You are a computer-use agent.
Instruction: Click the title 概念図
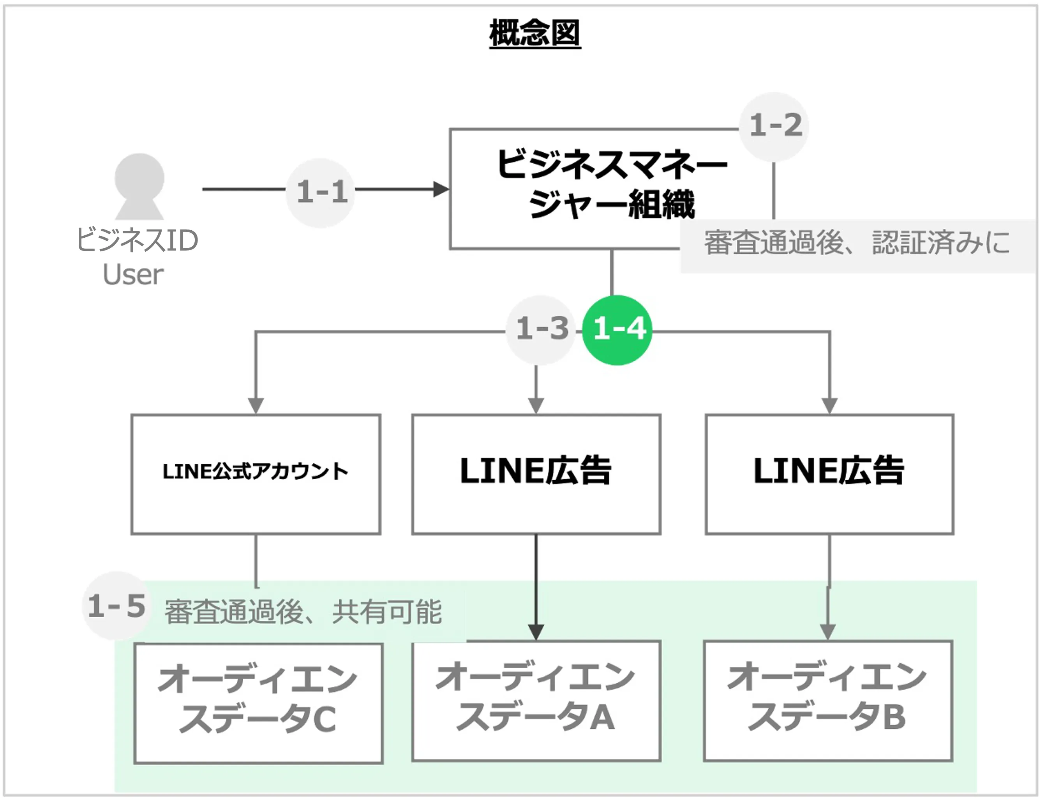point(535,33)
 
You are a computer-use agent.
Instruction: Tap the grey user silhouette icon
point(139,185)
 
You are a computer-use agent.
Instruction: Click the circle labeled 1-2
point(774,126)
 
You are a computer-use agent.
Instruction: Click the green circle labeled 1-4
point(618,329)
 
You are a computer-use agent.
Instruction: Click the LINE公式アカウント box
point(256,473)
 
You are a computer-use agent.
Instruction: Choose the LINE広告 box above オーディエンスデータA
point(536,473)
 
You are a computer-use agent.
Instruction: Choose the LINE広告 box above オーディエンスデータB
point(829,473)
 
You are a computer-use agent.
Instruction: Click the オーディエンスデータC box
point(258,703)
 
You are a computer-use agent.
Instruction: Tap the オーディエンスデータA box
point(536,701)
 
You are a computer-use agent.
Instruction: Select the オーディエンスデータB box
point(827,701)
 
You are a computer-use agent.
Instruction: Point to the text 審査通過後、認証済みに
point(856,243)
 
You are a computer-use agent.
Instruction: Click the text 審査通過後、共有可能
point(303,611)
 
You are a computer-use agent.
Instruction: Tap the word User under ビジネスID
point(133,275)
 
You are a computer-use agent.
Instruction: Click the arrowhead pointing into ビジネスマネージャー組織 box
point(441,189)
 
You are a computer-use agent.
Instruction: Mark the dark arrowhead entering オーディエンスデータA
point(536,632)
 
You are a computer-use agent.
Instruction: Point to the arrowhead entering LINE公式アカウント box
point(256,406)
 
